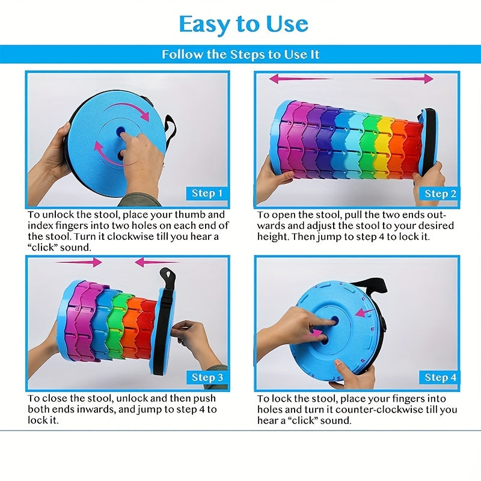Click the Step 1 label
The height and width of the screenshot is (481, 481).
pyautogui.click(x=207, y=193)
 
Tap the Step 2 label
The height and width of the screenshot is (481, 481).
pyautogui.click(x=440, y=194)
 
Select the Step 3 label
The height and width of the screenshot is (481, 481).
pyautogui.click(x=207, y=377)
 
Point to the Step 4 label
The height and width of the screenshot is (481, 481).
pyautogui.click(x=440, y=377)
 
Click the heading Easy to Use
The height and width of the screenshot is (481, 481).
pyautogui.click(x=244, y=24)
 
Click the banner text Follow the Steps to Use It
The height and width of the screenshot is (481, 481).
pyautogui.click(x=240, y=55)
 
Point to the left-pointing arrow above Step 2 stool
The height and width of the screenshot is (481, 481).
pyautogui.click(x=301, y=79)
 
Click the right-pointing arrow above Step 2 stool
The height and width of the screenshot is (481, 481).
pyautogui.click(x=401, y=79)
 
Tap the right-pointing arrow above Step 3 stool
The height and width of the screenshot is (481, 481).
pyautogui.click(x=79, y=262)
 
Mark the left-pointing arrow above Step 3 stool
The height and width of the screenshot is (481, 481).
pyautogui.click(x=157, y=262)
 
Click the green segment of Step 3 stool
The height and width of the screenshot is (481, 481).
pyautogui.click(x=117, y=325)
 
